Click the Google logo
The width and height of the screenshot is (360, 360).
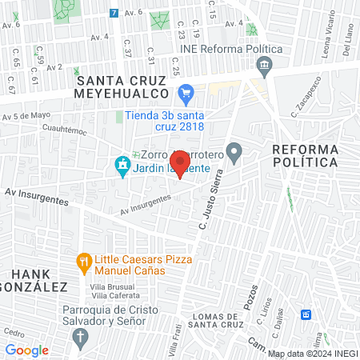point(26,350)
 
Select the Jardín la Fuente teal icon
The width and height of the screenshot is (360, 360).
point(122,166)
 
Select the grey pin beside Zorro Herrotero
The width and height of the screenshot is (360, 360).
point(234,150)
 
